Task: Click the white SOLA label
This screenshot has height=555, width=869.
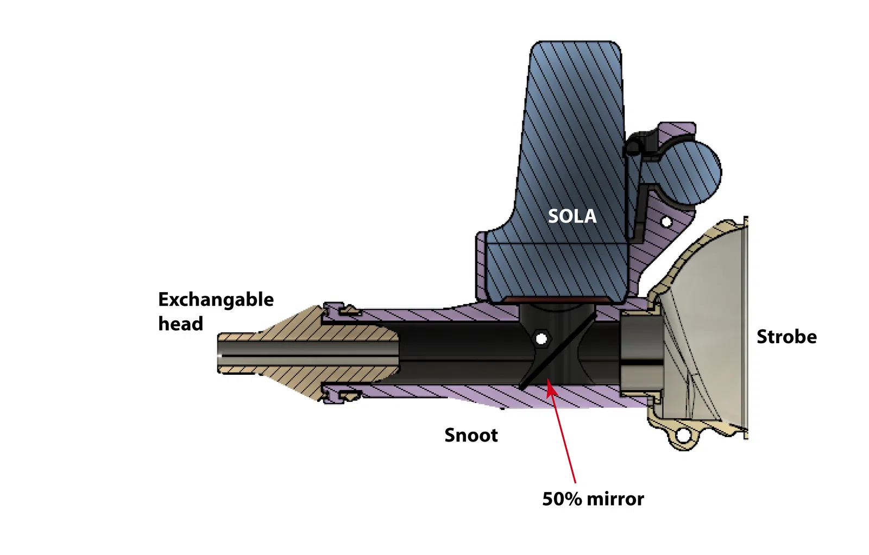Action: click(572, 216)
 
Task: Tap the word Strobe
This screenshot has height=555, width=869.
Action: click(786, 337)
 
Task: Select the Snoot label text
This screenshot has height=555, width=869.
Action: click(471, 435)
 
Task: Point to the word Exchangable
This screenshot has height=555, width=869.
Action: click(216, 299)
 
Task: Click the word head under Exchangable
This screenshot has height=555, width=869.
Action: click(180, 324)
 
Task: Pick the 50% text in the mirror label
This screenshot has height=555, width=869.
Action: click(562, 499)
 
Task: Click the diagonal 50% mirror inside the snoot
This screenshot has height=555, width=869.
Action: click(557, 350)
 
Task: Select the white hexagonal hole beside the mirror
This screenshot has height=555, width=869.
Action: click(541, 339)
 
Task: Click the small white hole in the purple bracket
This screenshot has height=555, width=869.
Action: click(666, 222)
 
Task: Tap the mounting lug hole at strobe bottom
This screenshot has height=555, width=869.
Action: click(682, 436)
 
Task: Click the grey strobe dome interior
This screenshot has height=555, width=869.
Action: click(711, 326)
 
